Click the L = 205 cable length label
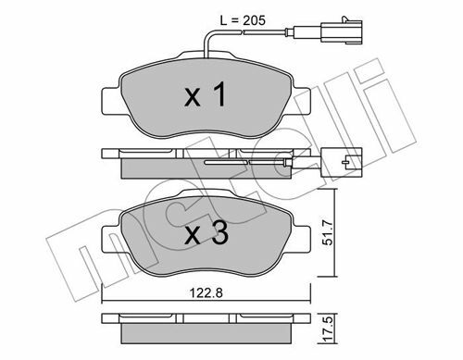(x=243, y=20)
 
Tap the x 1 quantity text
(x=206, y=94)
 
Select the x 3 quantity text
(x=206, y=232)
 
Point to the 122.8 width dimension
(x=206, y=292)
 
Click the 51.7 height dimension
(x=327, y=232)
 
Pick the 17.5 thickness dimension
(x=327, y=329)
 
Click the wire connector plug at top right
(x=342, y=31)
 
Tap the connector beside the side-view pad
(x=342, y=162)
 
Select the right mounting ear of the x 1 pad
(x=301, y=102)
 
